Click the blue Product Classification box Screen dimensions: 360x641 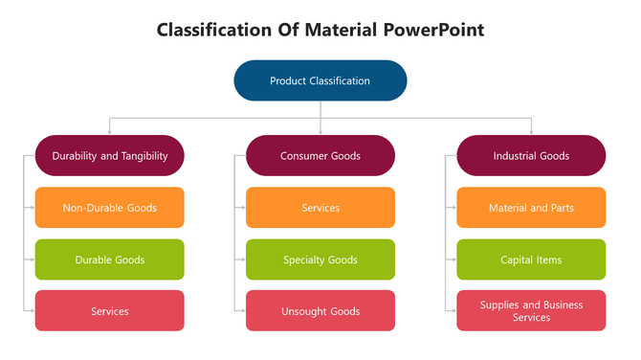click(320, 80)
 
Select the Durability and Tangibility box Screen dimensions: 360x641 click(109, 155)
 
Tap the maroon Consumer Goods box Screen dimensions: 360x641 click(320, 155)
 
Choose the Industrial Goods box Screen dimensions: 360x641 click(531, 155)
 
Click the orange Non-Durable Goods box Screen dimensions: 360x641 click(109, 207)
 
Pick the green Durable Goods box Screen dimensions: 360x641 click(109, 259)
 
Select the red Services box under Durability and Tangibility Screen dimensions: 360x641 click(109, 311)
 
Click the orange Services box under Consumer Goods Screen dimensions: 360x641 click(320, 207)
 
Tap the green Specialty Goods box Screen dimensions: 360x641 click(320, 259)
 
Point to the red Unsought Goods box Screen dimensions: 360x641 click(320, 311)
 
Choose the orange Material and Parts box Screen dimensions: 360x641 click(531, 207)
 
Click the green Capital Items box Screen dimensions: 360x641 click(531, 259)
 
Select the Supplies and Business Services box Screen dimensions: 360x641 click(531, 311)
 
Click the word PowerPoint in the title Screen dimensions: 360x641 click(434, 30)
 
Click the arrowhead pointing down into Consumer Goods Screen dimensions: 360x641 click(320, 131)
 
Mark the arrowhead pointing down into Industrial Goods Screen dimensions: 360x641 click(531, 131)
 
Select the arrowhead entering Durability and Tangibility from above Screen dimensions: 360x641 click(109, 131)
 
